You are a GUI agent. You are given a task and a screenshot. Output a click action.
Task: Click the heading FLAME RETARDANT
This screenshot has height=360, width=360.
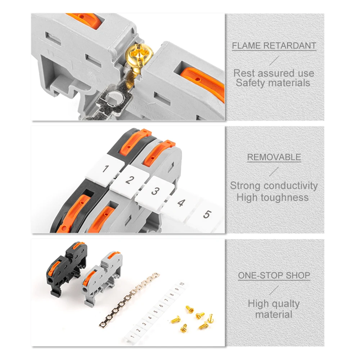(x=274, y=46)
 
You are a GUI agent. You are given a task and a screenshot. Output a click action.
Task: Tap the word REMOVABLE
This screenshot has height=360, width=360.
(x=274, y=157)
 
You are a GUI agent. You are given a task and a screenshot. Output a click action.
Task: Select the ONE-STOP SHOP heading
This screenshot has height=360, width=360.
(x=274, y=276)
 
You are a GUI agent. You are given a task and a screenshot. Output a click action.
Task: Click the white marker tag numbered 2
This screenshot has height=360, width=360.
(x=129, y=180)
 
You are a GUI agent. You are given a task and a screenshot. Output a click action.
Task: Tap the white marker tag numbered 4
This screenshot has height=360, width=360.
(x=181, y=203)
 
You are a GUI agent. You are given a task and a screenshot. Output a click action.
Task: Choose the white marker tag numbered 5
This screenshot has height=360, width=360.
(x=206, y=215)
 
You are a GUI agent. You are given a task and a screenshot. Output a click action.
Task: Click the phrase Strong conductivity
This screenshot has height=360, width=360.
(x=274, y=186)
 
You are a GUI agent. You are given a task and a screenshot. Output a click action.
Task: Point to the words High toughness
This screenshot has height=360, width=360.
(x=273, y=197)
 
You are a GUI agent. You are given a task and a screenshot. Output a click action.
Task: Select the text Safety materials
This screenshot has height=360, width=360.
(x=273, y=83)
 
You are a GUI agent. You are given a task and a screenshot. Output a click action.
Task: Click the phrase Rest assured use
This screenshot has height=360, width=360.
(x=274, y=73)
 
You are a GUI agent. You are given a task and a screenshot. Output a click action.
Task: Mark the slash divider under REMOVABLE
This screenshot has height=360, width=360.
(x=274, y=171)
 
